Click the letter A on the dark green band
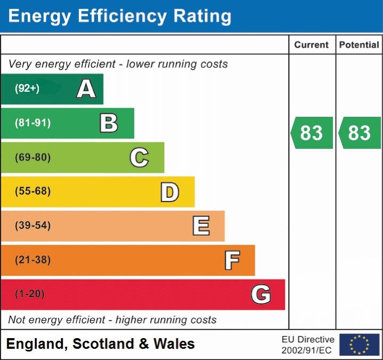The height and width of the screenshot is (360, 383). click(86, 89)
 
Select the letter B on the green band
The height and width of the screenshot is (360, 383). click(109, 123)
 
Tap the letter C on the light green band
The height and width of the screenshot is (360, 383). click(139, 157)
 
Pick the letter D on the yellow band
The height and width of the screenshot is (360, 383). click(169, 192)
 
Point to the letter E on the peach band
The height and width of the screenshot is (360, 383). click(201, 226)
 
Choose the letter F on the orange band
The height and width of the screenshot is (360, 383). click(232, 260)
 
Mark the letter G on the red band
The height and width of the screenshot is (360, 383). click(261, 294)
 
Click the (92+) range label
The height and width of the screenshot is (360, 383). click(27, 89)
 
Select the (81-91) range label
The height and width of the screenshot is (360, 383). click(32, 123)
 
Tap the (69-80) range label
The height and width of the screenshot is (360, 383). click(32, 157)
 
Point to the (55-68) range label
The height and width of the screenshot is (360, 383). click(32, 191)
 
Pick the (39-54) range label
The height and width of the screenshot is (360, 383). click(32, 226)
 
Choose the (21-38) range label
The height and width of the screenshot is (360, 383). click(32, 260)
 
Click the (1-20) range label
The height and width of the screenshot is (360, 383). click(30, 294)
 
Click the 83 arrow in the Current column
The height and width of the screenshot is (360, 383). click(312, 133)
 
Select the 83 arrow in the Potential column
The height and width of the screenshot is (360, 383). click(360, 133)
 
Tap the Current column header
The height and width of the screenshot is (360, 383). click(312, 45)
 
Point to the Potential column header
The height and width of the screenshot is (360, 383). click(359, 45)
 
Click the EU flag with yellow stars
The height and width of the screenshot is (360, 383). click(360, 345)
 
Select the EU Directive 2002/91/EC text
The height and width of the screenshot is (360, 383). click(308, 345)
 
